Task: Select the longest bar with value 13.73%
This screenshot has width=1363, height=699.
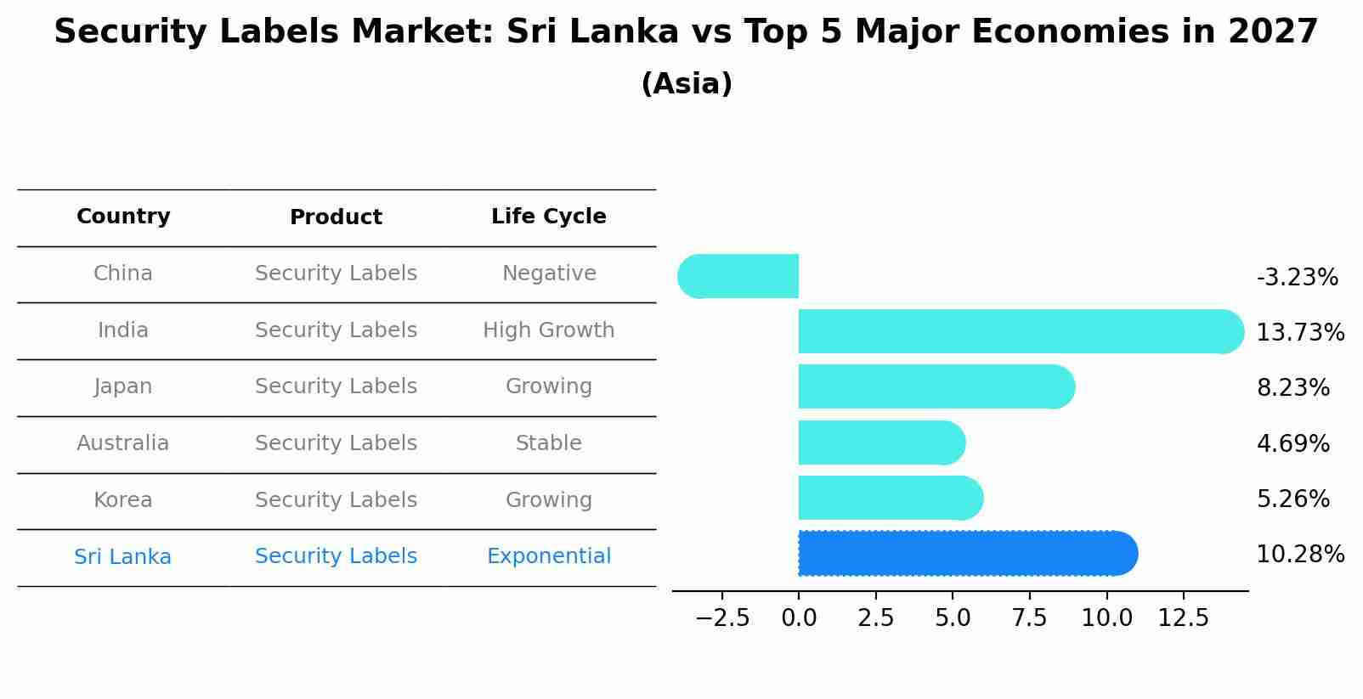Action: (1020, 331)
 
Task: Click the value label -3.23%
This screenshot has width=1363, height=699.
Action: (1297, 278)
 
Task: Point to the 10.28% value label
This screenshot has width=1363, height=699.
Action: (1300, 555)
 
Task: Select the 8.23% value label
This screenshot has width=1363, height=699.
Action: (1292, 388)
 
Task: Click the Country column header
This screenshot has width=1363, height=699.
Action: (123, 217)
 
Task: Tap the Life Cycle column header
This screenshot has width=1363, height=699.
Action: (548, 217)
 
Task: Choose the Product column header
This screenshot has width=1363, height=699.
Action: (336, 217)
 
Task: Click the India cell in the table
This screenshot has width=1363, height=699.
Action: (123, 330)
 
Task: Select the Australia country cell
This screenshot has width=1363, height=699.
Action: (123, 443)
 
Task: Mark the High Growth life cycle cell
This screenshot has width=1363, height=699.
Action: (548, 330)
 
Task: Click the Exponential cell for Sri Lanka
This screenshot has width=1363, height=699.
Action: (548, 556)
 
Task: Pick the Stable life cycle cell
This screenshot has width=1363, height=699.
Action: (548, 443)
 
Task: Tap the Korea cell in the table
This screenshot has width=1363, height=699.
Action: (123, 500)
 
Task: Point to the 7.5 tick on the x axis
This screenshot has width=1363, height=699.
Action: (1029, 617)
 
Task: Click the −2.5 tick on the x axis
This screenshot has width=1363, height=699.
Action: (722, 617)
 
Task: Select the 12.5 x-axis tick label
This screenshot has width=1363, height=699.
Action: (1183, 617)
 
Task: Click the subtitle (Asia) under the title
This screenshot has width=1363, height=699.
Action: (687, 84)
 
